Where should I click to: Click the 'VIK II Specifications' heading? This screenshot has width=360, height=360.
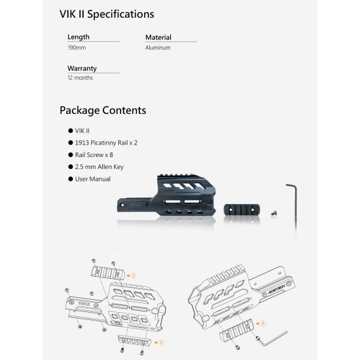[x=107, y=14]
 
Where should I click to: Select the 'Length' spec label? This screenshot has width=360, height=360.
[x=79, y=37]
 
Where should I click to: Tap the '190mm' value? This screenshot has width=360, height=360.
[x=77, y=48]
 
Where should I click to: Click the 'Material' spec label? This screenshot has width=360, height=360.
[x=158, y=37]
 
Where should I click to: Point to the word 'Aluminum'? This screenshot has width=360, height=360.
[x=158, y=48]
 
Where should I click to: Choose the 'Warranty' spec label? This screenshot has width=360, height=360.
[x=82, y=69]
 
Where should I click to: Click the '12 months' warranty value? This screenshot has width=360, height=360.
[x=80, y=78]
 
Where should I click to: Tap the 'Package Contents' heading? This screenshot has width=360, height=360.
[x=103, y=111]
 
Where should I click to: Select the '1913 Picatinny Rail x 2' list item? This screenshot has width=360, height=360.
[x=106, y=143]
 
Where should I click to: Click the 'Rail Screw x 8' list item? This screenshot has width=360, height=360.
[x=94, y=155]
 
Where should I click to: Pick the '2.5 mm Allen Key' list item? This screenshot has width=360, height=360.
[x=99, y=167]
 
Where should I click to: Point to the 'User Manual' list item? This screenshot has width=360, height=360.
[x=93, y=179]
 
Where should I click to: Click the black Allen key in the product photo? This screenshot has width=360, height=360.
[x=295, y=202]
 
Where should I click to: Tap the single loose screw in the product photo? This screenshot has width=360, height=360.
[x=274, y=213]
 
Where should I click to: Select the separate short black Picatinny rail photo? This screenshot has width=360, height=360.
[x=242, y=210]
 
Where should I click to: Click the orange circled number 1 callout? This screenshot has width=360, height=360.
[x=133, y=276]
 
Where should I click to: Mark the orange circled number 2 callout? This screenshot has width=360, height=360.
[x=161, y=342]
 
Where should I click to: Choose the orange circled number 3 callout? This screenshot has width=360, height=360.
[x=262, y=323]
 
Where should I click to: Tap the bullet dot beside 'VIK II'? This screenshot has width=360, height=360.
[x=71, y=131]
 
